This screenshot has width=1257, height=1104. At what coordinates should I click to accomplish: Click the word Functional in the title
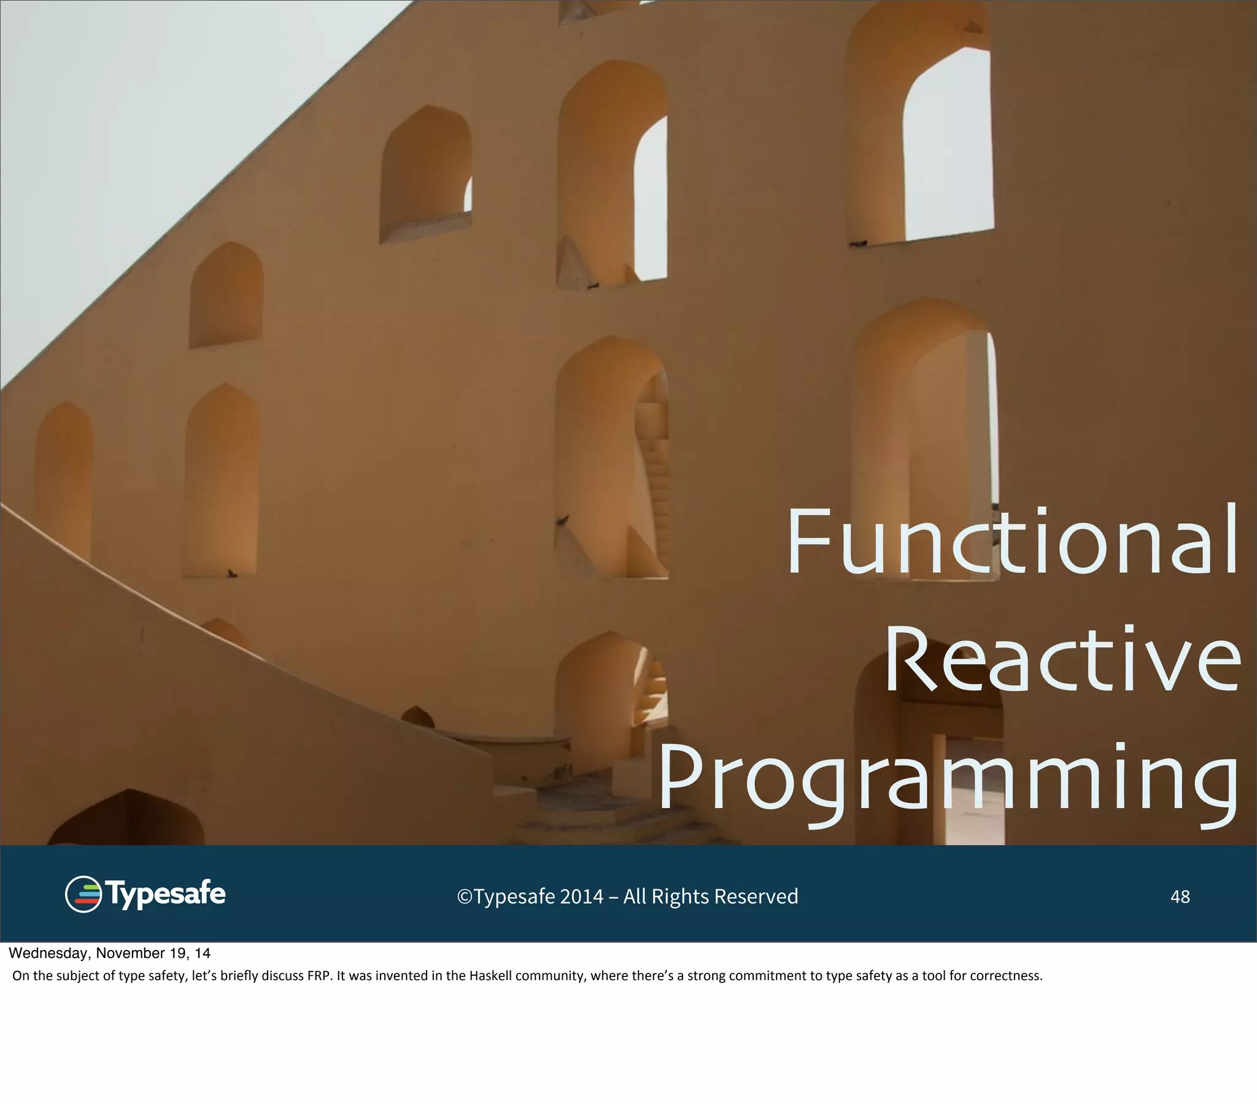point(1011,541)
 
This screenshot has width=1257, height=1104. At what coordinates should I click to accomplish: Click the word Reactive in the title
point(1062,659)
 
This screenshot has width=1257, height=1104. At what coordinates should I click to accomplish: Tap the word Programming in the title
point(947,780)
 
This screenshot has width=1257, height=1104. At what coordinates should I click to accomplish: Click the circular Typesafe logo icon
point(83,894)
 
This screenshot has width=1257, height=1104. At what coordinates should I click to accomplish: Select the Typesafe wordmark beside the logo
point(166,894)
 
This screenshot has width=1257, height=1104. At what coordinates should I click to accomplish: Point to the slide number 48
point(1180,897)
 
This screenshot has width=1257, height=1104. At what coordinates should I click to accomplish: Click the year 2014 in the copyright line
point(581,897)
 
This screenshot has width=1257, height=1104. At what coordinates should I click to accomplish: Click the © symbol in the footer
point(464,897)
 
